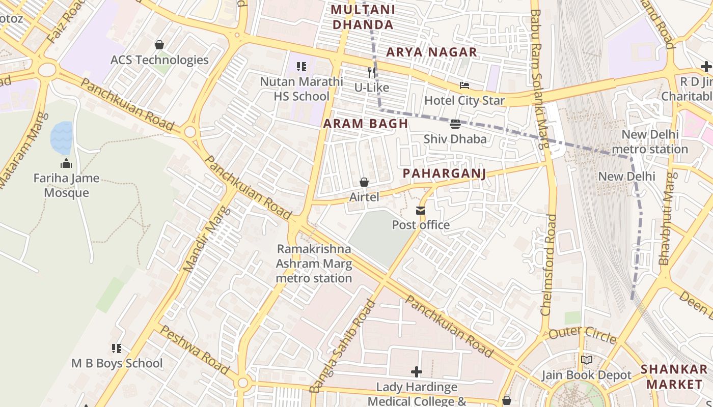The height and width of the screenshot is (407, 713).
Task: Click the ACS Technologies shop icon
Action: [x=159, y=45]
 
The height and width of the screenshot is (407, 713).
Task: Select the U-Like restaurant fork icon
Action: [x=372, y=73]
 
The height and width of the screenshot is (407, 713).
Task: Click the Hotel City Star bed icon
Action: [x=464, y=85]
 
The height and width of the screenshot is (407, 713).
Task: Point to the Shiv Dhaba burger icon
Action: [x=455, y=124]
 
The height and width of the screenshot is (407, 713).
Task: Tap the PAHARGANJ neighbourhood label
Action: [x=444, y=173]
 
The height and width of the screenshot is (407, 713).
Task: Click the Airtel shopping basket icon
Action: [x=364, y=182]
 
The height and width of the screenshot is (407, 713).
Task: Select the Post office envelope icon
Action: [x=421, y=211]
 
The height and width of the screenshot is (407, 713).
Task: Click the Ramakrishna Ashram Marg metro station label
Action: [x=314, y=264]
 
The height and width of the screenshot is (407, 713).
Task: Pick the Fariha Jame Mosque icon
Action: [x=66, y=164]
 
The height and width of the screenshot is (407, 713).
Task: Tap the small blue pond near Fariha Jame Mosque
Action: [x=61, y=138]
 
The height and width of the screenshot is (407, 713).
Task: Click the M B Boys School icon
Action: [x=117, y=348]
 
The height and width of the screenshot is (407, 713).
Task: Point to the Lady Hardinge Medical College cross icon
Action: [x=417, y=372]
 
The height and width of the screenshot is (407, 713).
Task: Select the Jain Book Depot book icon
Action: [x=587, y=360]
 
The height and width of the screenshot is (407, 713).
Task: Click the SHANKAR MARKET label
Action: [x=674, y=376]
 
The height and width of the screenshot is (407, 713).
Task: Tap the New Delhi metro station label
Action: [x=649, y=142]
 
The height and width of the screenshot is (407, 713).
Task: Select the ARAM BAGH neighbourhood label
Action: [x=366, y=124]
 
